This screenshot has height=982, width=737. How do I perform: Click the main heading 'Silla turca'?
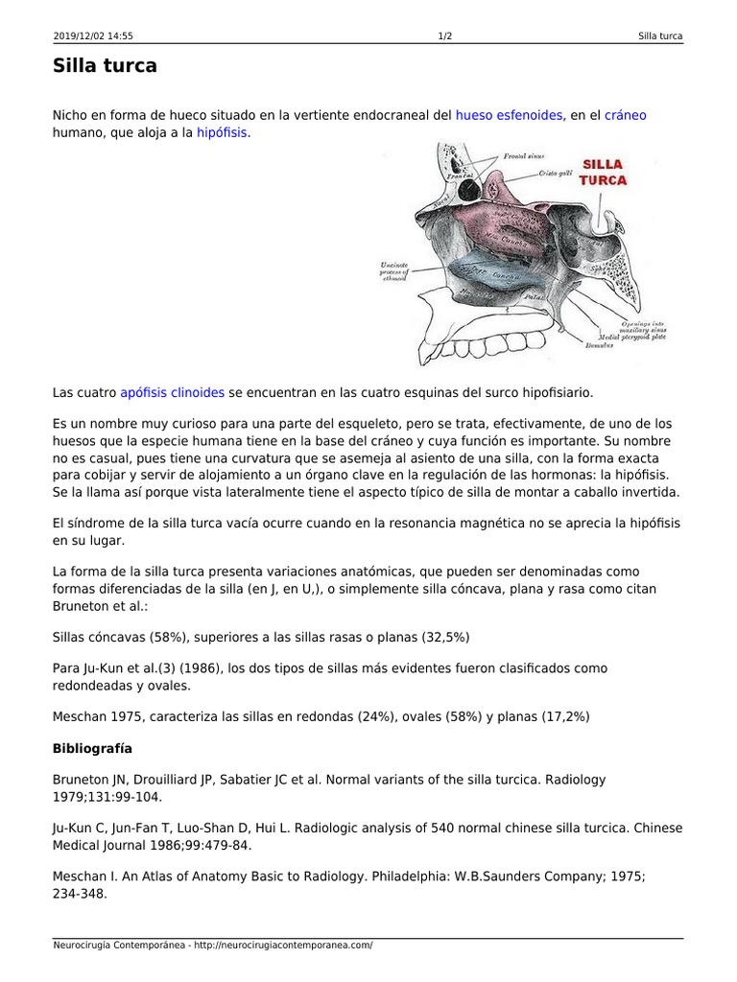point(105,66)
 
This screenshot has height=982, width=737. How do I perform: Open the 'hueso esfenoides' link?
point(509,115)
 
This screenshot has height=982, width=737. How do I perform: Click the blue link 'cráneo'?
point(626,115)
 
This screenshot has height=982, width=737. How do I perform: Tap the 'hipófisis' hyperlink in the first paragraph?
point(222,133)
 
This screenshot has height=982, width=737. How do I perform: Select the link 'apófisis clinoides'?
point(173,392)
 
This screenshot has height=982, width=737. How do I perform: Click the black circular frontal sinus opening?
point(469,190)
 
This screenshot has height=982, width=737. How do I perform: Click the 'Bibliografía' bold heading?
point(92,747)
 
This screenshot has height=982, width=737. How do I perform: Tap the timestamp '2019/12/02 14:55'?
point(93,36)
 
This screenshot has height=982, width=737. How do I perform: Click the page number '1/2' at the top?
point(445,36)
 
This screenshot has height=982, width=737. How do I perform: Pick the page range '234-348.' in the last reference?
point(80,894)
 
